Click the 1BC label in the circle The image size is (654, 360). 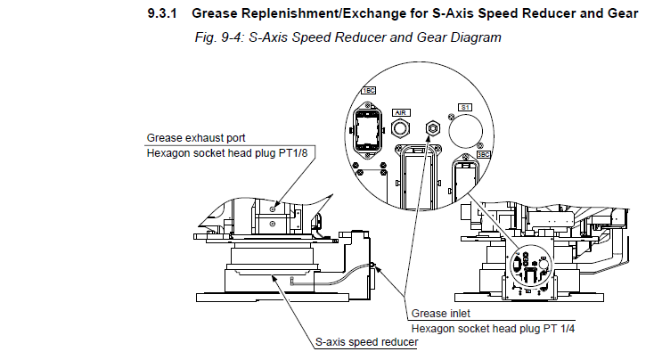[x=368, y=90]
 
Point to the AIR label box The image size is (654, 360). [x=401, y=113]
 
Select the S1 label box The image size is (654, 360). [x=464, y=106]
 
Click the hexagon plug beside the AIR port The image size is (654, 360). [x=433, y=128]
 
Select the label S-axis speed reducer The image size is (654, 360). [x=366, y=341]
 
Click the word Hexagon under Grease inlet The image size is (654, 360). [x=435, y=328]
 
